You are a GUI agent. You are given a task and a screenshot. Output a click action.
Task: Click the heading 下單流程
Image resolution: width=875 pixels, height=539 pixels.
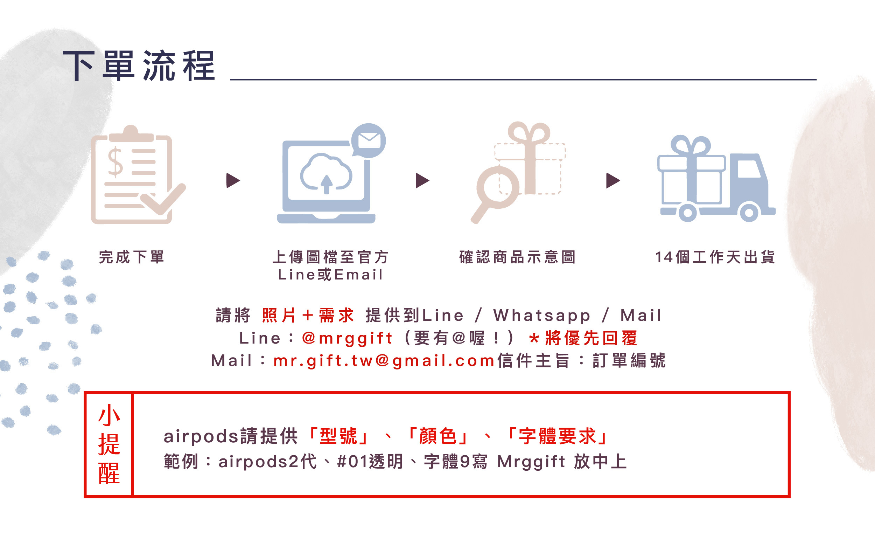click(139, 66)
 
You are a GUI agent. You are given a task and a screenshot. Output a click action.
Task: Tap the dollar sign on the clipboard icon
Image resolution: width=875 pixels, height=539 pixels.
click(115, 163)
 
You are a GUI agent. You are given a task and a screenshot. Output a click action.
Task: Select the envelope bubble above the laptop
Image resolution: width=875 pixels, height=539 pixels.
click(369, 140)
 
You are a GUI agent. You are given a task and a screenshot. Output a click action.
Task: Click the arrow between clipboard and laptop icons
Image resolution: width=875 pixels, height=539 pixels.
click(233, 180)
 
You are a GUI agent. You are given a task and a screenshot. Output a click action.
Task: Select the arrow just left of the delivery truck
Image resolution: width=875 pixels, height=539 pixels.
click(613, 180)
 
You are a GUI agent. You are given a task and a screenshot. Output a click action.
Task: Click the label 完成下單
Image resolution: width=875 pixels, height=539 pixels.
click(132, 257)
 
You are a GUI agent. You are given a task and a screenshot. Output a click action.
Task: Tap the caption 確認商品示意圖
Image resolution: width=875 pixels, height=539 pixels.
click(517, 257)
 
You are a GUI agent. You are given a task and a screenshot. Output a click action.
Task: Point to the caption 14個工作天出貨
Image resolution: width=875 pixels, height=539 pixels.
click(715, 257)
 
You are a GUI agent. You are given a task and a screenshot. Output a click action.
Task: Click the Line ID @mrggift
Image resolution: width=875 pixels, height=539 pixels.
click(347, 338)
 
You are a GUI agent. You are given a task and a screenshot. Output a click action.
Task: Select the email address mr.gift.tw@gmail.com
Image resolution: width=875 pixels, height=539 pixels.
click(384, 360)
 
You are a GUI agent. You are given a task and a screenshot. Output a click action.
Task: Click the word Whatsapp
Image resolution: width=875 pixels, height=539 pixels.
click(542, 316)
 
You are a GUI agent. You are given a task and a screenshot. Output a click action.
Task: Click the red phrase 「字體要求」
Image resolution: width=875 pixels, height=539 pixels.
click(557, 436)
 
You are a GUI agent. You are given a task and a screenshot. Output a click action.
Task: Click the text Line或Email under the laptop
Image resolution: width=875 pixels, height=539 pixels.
click(330, 275)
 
